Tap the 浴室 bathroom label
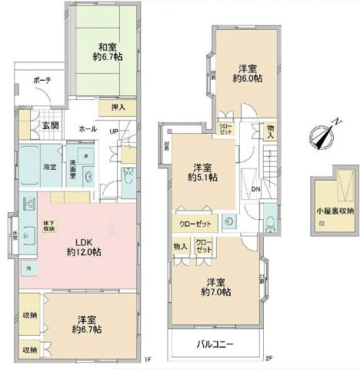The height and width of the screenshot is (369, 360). pos(48,166)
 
